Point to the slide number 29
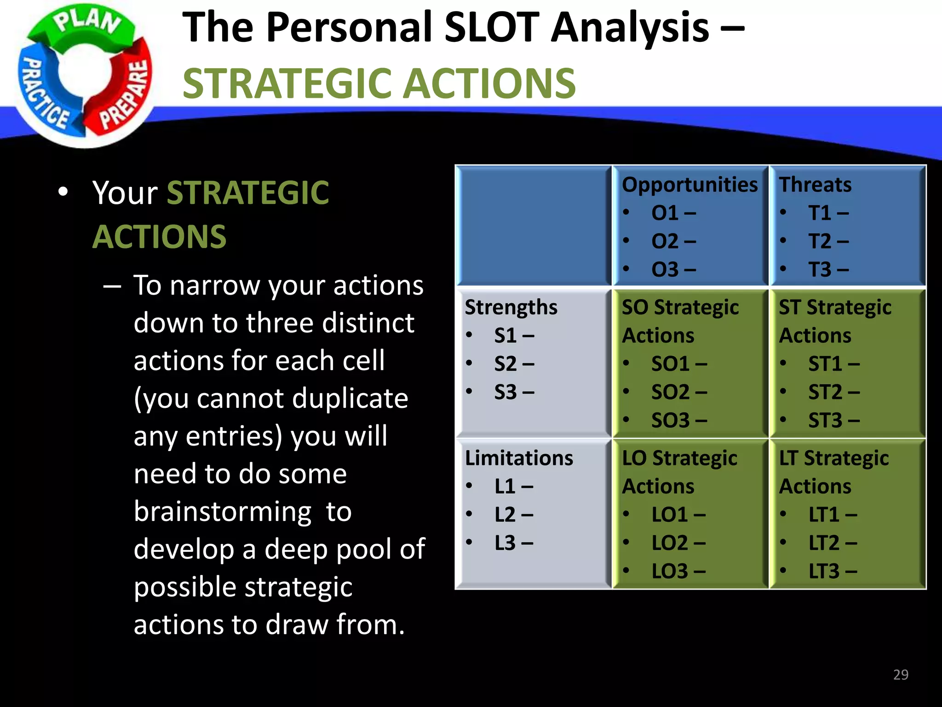coord(900,674)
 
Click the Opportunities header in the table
coord(689,185)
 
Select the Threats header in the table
coord(815,185)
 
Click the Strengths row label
coord(511,307)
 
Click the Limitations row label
coord(518,458)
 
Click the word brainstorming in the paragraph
coord(223,512)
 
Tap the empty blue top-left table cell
coord(533,226)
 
